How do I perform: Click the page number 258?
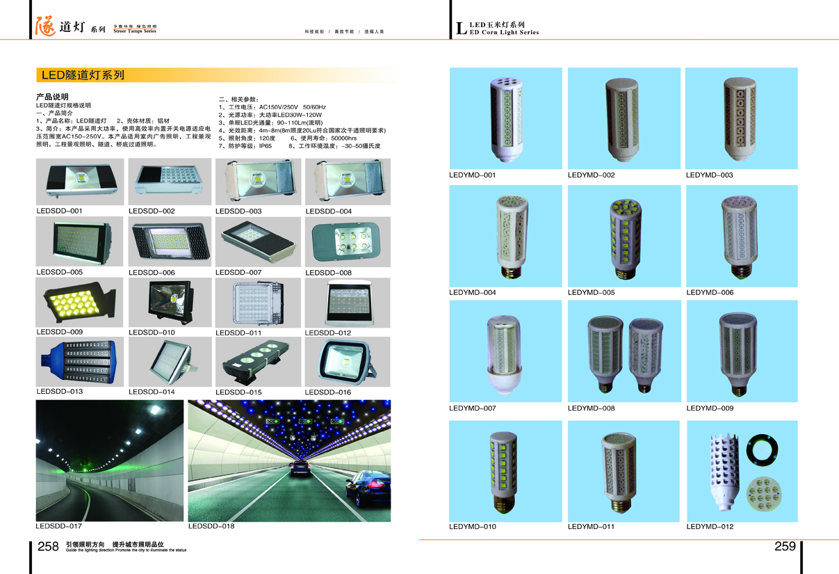tap(48, 547)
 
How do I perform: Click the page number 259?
tap(785, 547)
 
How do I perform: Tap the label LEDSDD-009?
tap(59, 332)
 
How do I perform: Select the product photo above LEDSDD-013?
tap(79, 362)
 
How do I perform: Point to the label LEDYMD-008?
tap(591, 408)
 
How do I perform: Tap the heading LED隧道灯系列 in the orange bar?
tap(83, 75)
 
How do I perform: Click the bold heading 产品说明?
tap(52, 97)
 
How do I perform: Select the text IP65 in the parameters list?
tap(266, 146)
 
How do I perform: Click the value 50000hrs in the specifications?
tap(343, 138)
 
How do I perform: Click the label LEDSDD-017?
tap(59, 526)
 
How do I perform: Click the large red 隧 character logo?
tap(45, 26)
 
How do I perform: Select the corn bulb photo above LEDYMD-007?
tap(505, 351)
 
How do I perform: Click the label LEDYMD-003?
tap(709, 175)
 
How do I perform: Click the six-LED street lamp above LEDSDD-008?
tap(347, 241)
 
